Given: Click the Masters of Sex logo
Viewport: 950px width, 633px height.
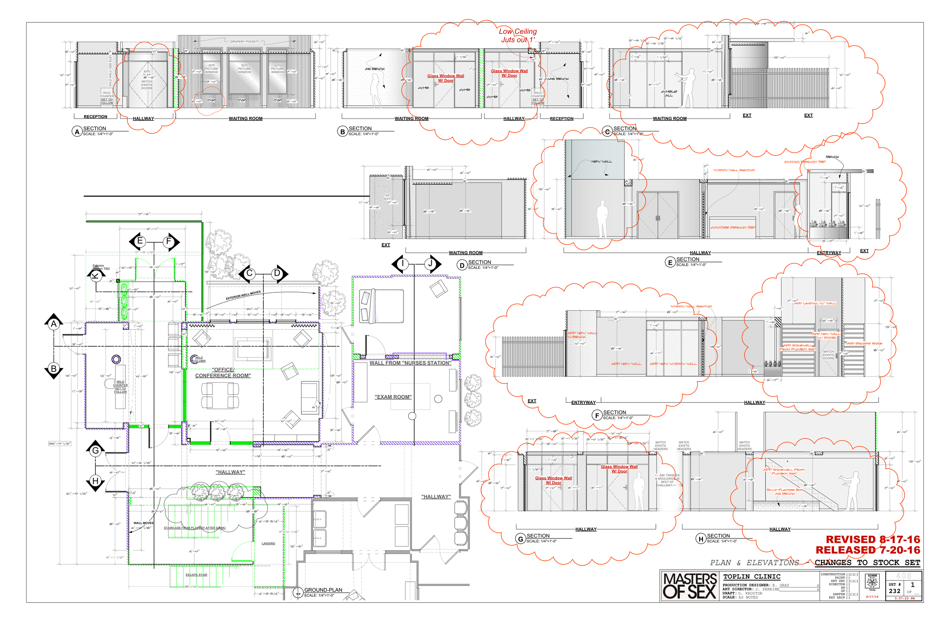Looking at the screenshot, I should (x=689, y=586).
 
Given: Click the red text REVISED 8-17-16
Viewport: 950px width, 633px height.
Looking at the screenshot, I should (x=872, y=539).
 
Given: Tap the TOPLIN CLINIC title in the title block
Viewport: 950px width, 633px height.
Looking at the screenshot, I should (x=752, y=576).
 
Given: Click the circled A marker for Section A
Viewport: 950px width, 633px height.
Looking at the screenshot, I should (x=77, y=132).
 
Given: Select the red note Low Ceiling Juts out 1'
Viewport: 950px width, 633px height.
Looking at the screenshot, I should (x=518, y=36).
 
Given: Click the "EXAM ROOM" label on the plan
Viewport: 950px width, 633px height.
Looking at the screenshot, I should (x=393, y=397).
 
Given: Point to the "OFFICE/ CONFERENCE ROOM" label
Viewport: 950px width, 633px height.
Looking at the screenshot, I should (x=223, y=372).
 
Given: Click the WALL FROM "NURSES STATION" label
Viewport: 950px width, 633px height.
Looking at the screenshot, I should (x=410, y=363).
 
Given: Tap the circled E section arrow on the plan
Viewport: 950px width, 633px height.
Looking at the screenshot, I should (x=140, y=242).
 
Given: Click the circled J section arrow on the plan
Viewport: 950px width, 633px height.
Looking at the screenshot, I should (x=431, y=264).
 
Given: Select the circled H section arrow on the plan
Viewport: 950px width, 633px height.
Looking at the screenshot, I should (x=95, y=481).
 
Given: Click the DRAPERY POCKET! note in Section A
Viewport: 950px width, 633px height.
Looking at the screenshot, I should (x=244, y=42).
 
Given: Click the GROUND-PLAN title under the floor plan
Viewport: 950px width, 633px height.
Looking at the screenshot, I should (x=323, y=590).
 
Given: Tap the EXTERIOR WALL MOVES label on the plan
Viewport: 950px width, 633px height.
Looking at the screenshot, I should (x=243, y=295).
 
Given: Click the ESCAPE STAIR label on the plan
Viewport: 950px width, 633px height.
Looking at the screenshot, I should (x=196, y=575).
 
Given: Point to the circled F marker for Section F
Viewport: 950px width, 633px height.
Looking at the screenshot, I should (x=597, y=415).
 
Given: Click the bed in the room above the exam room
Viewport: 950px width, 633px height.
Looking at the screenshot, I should (x=381, y=306).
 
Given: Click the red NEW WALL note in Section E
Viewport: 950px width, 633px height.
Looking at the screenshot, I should (x=601, y=161).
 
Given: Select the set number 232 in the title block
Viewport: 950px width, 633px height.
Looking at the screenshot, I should (x=894, y=591).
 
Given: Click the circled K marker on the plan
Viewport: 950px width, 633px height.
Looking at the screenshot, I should (x=96, y=276).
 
